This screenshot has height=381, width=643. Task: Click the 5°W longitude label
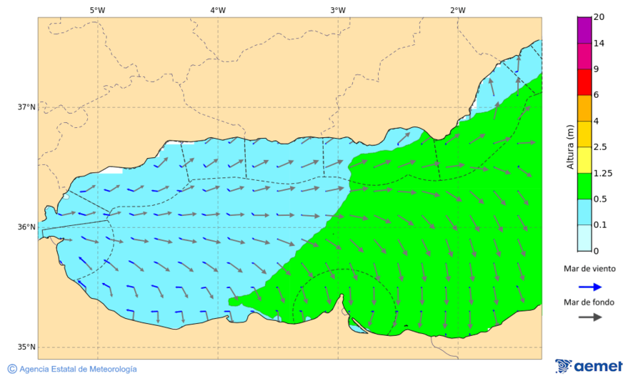click(98, 10)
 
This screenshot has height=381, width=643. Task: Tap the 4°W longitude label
click(218, 10)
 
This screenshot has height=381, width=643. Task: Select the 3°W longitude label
click(338, 10)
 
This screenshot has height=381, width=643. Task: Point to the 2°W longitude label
click(458, 10)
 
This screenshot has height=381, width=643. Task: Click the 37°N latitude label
click(26, 107)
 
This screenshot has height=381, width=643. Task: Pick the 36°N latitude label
click(26, 227)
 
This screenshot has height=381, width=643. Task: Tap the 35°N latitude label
click(26, 347)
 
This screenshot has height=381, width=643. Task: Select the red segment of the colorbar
click(584, 81)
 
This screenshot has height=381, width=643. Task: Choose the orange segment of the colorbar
click(584, 108)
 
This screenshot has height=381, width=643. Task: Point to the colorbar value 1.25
click(603, 173)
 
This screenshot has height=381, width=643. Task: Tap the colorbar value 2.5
click(601, 147)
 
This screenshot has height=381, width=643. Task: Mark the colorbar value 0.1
click(601, 224)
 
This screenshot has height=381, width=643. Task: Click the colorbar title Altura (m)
click(570, 147)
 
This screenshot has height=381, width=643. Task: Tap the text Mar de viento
click(589, 269)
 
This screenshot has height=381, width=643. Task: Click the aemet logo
click(589, 366)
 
